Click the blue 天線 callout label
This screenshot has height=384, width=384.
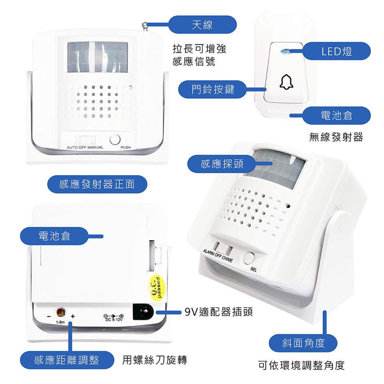pyautogui.click(x=202, y=24)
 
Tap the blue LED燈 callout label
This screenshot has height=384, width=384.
pyautogui.click(x=336, y=51)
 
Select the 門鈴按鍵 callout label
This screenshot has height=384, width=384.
pyautogui.click(x=212, y=89)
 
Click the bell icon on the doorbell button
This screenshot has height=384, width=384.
pyautogui.click(x=286, y=82)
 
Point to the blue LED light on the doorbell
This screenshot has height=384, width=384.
pyautogui.click(x=284, y=52)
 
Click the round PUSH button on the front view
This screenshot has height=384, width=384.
pyautogui.click(x=115, y=140)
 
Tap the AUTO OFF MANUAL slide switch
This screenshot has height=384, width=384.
pyautogui.click(x=85, y=140)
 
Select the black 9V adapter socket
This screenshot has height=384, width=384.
pyautogui.click(x=143, y=312)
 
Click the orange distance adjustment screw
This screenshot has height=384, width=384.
pyautogui.click(x=60, y=312)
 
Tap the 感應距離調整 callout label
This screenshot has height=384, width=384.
pyautogui.click(x=67, y=360)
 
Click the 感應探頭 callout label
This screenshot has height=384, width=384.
pyautogui.click(x=222, y=164)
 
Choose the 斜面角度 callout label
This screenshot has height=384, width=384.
pyautogui.click(x=303, y=343)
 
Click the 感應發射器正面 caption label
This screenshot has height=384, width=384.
pyautogui.click(x=97, y=184)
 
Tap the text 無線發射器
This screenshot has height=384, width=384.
pyautogui.click(x=336, y=137)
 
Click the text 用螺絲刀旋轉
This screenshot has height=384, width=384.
pyautogui.click(x=154, y=360)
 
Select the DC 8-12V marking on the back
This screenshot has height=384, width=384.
pyautogui.click(x=114, y=318)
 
